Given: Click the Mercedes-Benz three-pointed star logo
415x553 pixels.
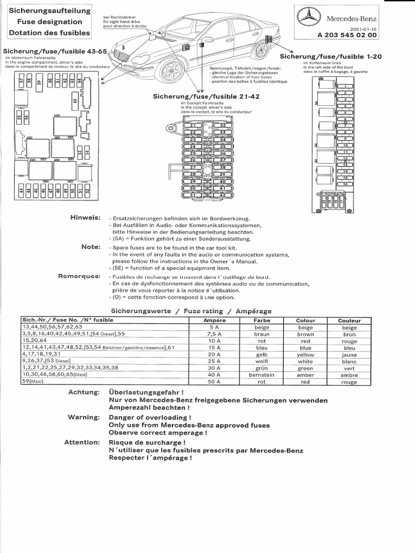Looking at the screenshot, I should point(310,18).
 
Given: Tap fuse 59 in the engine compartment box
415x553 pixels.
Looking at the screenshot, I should point(39,83).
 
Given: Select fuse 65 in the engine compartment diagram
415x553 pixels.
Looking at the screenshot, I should point(75,99).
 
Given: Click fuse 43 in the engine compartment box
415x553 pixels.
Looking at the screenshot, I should point(21,190).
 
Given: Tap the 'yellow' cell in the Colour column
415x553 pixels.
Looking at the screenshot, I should point(305,354).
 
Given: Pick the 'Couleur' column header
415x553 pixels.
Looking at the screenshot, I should point(349,320).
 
